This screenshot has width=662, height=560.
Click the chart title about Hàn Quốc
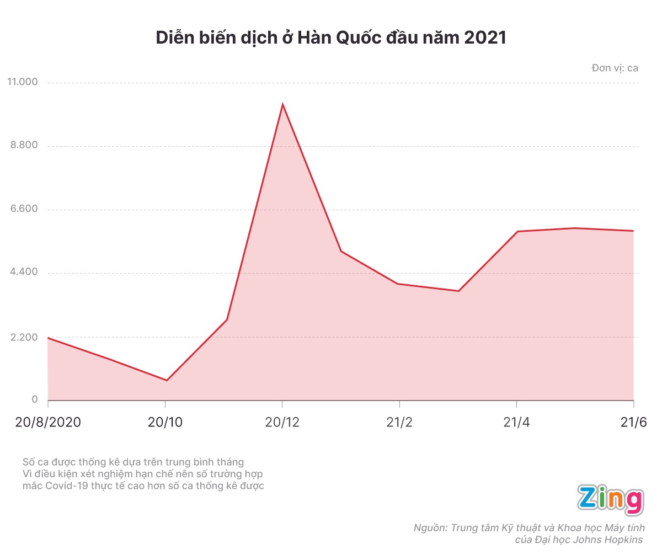pos(331,38)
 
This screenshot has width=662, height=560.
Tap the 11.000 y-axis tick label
pos(23,82)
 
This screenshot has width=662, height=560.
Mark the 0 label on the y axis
pos(35,399)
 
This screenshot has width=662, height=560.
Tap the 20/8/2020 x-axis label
pos(48,423)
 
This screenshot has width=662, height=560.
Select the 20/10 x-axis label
pos(165,423)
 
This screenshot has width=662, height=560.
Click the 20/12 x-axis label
pos(282,423)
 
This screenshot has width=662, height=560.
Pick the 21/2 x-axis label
pos(399,423)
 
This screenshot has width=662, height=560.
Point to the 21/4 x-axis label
pos(516,423)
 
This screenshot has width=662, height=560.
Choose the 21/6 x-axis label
pos(633,423)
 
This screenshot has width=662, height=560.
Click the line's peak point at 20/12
pos(282,104)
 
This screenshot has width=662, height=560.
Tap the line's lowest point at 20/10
pos(166,380)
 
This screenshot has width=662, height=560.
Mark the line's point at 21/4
pos(516,231)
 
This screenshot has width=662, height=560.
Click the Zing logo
pos(610,500)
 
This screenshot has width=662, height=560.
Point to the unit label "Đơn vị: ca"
pos(615,68)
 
